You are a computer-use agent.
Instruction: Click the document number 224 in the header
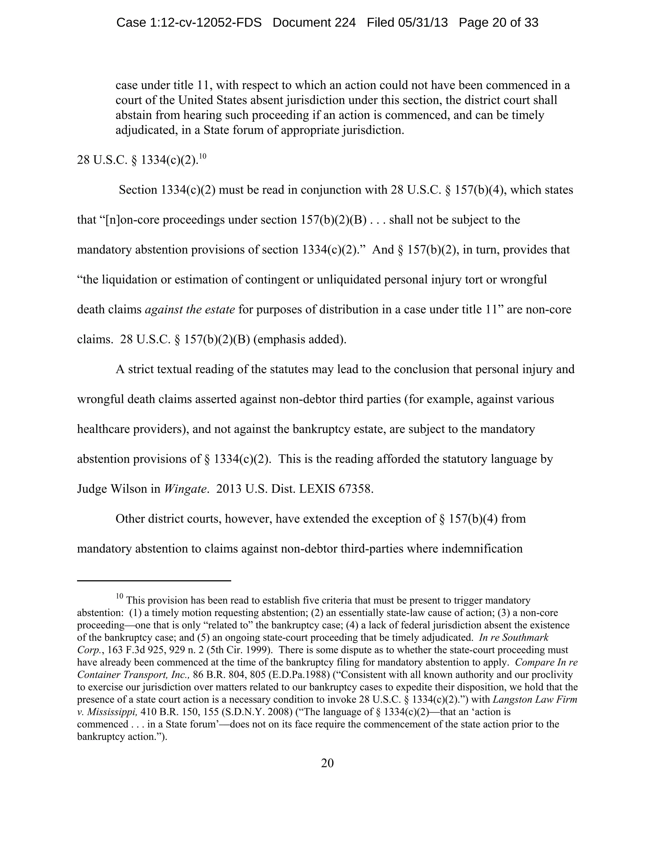(345, 23)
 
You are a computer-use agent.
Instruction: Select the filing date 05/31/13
(422, 23)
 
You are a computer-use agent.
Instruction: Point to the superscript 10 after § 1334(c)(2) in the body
(202, 156)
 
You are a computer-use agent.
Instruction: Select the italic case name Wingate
(185, 489)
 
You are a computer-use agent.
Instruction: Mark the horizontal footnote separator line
(154, 580)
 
